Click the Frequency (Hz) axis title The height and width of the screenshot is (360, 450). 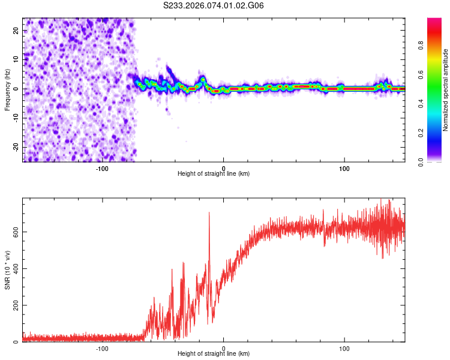pos(7,90)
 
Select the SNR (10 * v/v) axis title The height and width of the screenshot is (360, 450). pos(7,269)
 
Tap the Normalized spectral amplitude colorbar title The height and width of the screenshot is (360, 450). pos(446,90)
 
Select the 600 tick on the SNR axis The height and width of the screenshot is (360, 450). pos(14,232)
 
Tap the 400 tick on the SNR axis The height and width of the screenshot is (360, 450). pos(14,268)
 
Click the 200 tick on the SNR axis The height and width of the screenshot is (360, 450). pos(14,305)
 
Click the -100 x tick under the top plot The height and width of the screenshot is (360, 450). pos(102,169)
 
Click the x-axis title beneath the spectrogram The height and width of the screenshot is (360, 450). pos(214,174)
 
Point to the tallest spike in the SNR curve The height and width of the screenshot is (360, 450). pos(209,213)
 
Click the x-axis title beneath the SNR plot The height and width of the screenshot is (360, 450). pos(214,355)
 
